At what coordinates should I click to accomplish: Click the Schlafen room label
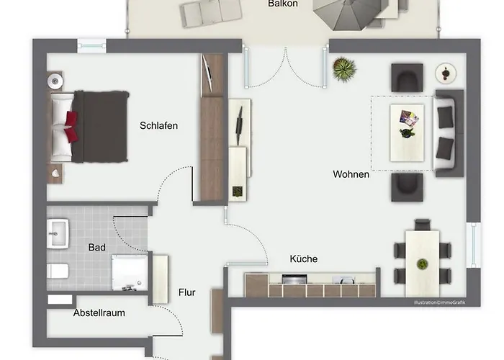tap(158, 125)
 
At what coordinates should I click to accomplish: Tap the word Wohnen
tap(351, 174)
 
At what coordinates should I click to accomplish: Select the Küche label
tap(303, 258)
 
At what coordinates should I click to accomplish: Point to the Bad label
tap(96, 247)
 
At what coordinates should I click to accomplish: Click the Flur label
tap(186, 292)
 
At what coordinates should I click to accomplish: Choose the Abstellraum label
tap(99, 312)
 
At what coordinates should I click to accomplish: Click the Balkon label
tap(283, 4)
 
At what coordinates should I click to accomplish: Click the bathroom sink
tap(58, 234)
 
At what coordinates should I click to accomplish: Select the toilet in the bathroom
tap(58, 271)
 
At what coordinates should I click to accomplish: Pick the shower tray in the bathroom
tap(130, 273)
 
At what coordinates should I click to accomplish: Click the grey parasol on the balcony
tap(349, 14)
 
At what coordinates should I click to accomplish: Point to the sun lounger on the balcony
tap(210, 13)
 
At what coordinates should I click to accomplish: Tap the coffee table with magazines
tap(407, 132)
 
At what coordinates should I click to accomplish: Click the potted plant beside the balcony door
tap(344, 69)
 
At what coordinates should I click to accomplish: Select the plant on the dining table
tap(422, 264)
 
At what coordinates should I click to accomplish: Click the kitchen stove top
tap(294, 279)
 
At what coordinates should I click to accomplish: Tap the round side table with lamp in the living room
tap(446, 73)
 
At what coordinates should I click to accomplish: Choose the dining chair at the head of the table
tap(423, 225)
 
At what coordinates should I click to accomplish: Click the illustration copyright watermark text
tap(439, 302)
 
